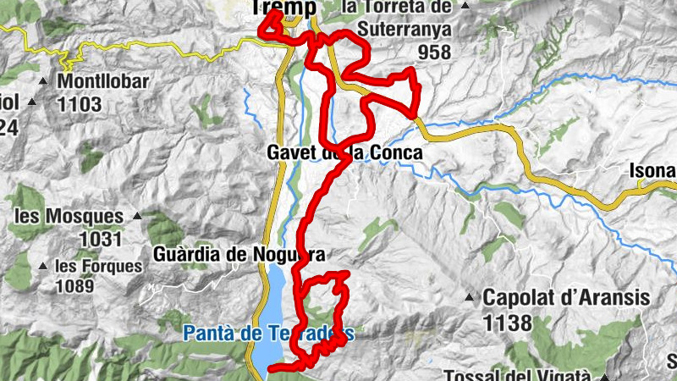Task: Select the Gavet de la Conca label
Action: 344,153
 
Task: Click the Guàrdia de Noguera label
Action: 240,253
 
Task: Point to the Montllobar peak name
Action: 103,83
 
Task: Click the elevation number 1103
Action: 80,104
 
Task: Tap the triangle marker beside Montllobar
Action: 44,82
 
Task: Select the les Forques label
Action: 99,266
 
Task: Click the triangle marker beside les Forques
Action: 43,266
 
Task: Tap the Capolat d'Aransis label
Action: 565,298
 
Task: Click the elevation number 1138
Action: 508,323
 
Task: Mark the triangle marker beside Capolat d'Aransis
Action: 469,297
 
